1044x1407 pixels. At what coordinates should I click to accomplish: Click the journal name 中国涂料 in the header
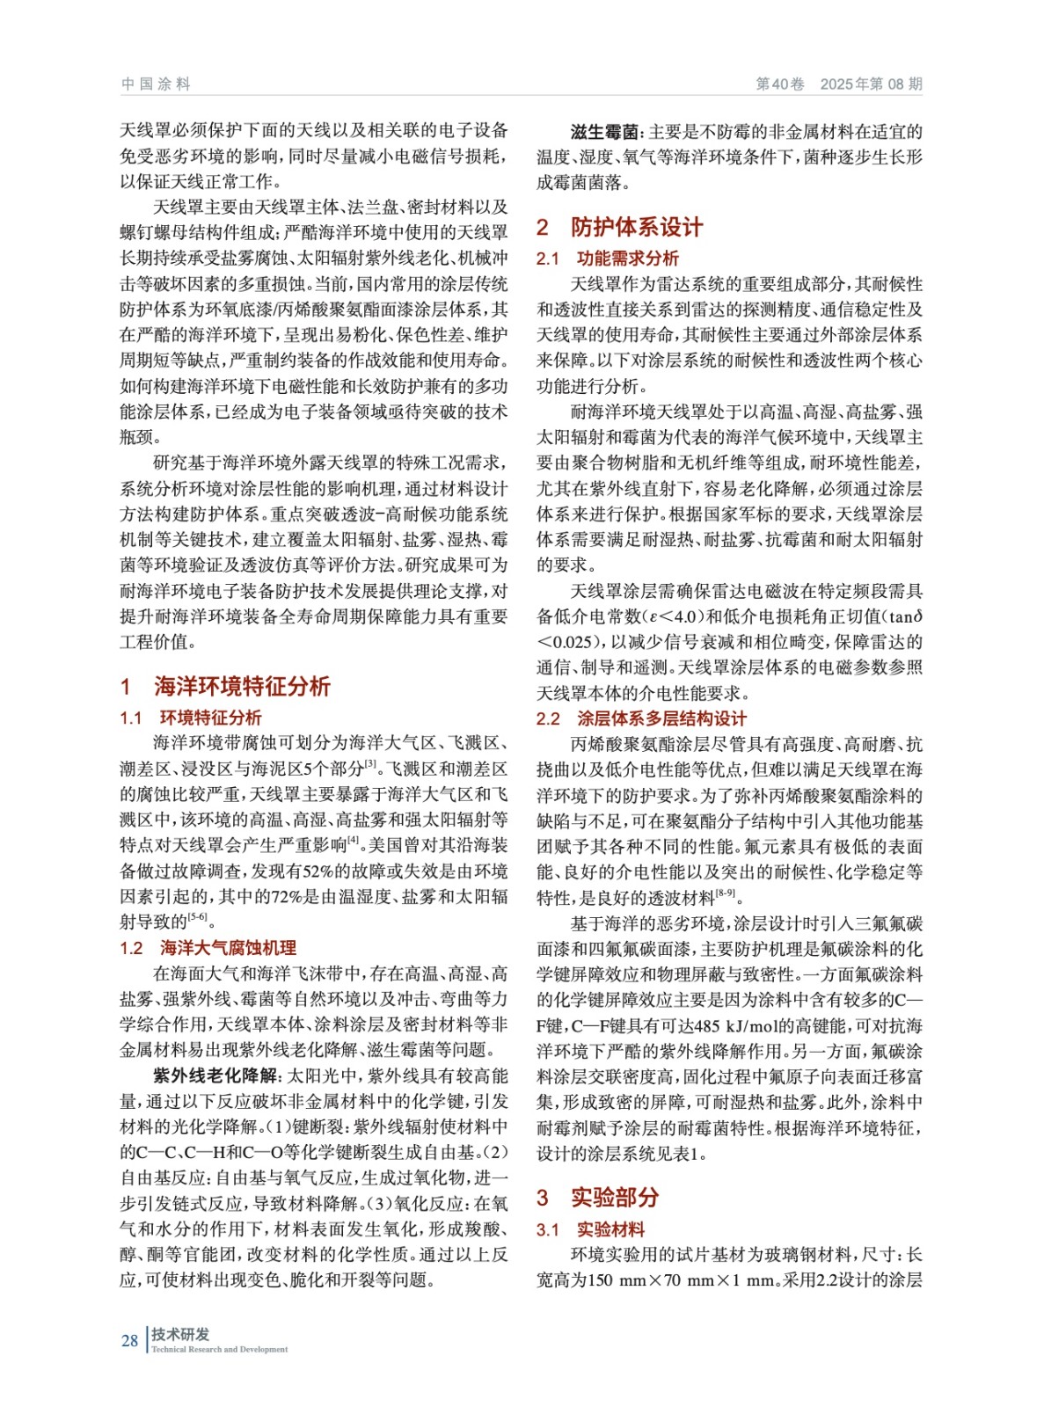tap(156, 84)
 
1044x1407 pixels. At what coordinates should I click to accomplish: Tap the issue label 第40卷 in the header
tap(780, 84)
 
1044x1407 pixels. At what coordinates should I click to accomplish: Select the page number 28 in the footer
tap(129, 1341)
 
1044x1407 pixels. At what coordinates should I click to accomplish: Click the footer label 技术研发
tap(180, 1334)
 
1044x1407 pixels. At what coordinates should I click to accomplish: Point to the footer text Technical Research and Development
tap(220, 1349)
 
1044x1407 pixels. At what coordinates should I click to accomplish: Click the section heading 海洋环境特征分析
tap(242, 686)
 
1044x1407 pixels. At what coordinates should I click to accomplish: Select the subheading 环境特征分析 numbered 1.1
tap(211, 718)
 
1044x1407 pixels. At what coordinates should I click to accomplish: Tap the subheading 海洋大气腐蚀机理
tap(229, 948)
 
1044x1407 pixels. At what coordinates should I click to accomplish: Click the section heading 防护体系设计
tap(637, 227)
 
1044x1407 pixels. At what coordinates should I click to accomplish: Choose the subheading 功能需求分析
tap(628, 259)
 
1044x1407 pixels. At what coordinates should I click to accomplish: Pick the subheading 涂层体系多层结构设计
tap(661, 718)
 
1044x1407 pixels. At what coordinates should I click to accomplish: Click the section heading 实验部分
tap(615, 1197)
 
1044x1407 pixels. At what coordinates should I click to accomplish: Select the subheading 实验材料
tap(610, 1229)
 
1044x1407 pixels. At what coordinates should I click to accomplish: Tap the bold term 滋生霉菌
tap(606, 132)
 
